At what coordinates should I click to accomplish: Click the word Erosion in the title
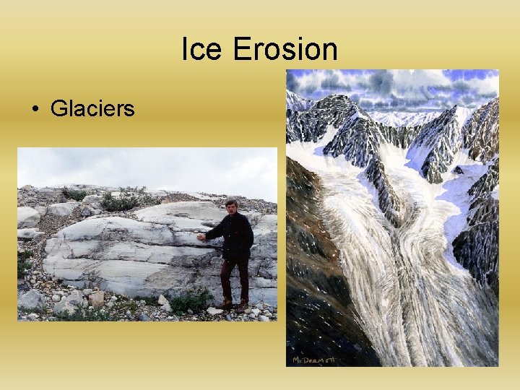click(x=285, y=49)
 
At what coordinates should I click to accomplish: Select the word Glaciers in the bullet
click(x=92, y=109)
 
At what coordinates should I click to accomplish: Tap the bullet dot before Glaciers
click(x=34, y=110)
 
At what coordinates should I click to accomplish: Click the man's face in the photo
click(x=231, y=207)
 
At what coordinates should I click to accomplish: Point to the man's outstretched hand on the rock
click(x=201, y=237)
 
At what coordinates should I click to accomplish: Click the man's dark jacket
click(x=236, y=235)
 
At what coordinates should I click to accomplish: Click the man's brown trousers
click(x=234, y=278)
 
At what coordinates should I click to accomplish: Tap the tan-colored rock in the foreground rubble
click(x=96, y=298)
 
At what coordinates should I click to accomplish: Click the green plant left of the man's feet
click(x=190, y=300)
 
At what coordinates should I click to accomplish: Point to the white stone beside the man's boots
click(x=214, y=311)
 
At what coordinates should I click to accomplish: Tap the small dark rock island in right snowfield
click(x=458, y=170)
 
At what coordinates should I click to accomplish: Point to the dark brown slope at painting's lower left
click(x=318, y=289)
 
